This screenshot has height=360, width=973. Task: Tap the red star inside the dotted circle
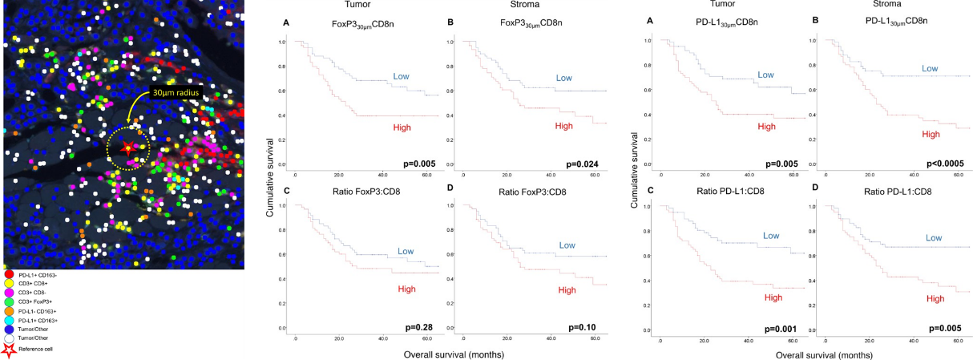tap(127, 149)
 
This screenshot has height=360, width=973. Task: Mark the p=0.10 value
tap(586, 327)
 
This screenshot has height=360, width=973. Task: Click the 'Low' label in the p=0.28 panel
tap(405, 251)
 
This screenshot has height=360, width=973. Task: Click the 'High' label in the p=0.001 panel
tap(773, 297)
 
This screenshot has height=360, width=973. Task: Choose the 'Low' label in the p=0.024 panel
tap(564, 78)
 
